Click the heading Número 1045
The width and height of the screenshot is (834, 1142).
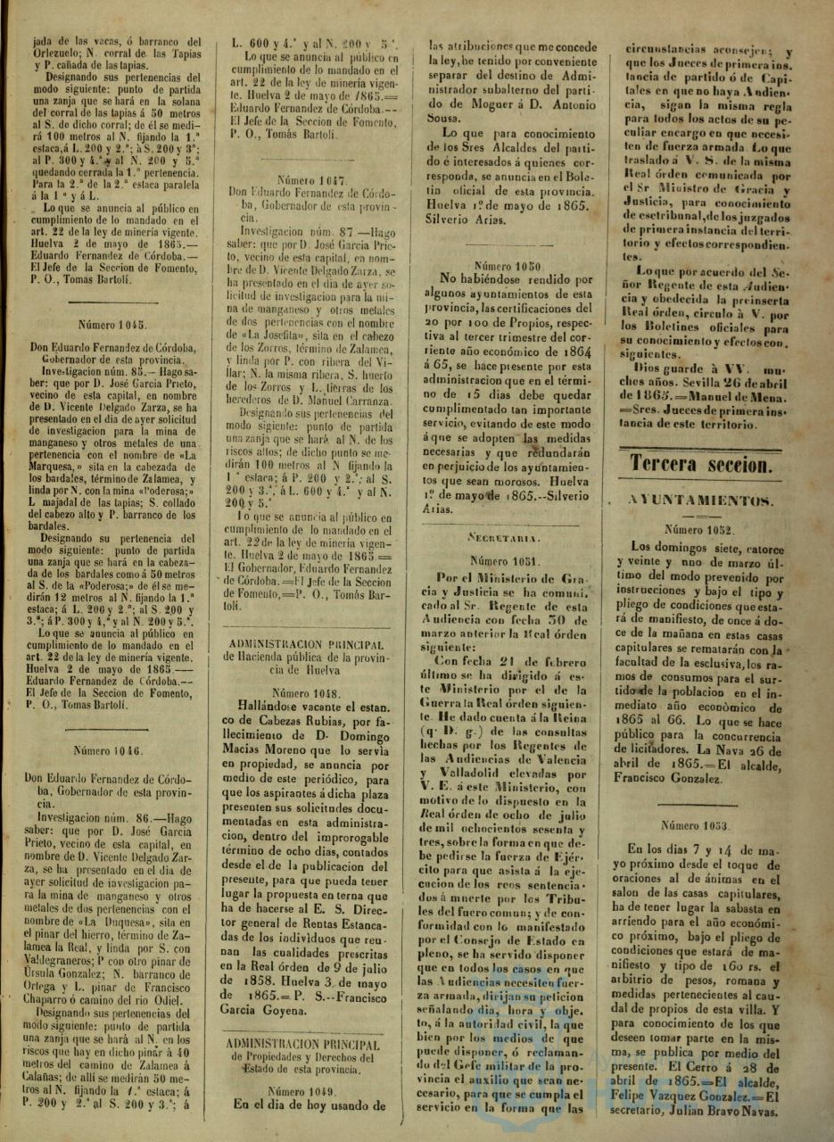coord(111,325)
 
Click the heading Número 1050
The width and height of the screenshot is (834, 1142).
coord(508,266)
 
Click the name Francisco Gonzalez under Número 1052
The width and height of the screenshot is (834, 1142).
coord(667,779)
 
